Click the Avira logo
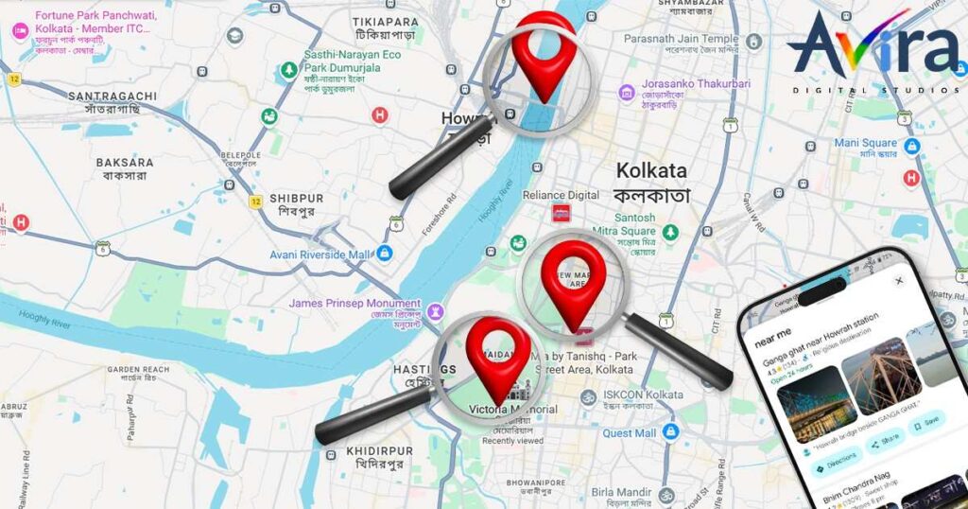(872, 51)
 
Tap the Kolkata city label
(652, 172)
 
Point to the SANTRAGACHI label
(112, 97)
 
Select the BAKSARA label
(125, 163)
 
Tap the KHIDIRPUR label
(379, 450)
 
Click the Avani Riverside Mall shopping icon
(385, 254)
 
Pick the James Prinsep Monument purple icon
(435, 310)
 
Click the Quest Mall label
(630, 433)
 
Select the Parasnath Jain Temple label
(682, 39)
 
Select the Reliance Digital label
(562, 195)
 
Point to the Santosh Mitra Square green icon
(670, 231)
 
